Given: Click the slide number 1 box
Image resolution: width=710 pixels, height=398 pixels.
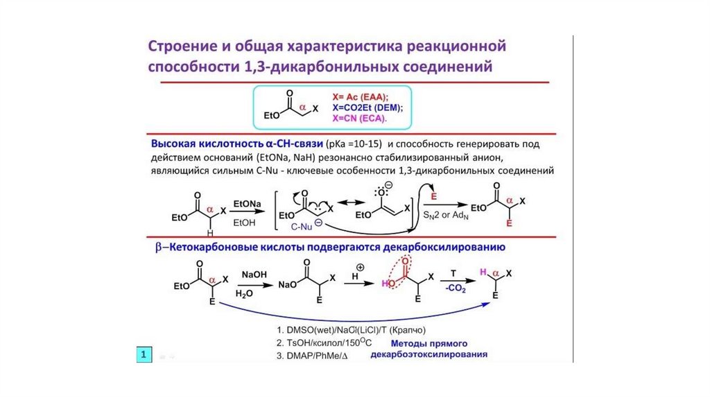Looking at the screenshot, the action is coord(143,356).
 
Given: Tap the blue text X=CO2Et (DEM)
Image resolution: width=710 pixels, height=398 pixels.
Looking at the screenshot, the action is coord(367,107).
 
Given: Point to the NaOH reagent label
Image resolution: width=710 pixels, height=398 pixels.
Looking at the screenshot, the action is coord(250,275).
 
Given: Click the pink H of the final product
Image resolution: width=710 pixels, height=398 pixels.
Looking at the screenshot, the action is coord(485,272).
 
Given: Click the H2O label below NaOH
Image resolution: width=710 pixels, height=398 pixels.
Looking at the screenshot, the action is coord(244,293).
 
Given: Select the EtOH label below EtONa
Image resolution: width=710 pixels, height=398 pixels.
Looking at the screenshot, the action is coord(244,223).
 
